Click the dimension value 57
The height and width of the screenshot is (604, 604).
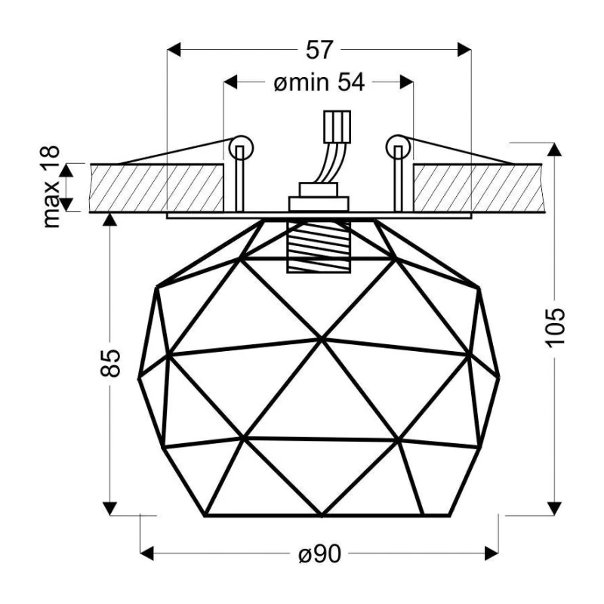pyautogui.click(x=319, y=50)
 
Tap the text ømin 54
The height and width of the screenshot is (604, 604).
pyautogui.click(x=319, y=82)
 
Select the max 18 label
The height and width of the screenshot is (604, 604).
pyautogui.click(x=51, y=186)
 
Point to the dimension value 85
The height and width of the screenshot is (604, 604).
pyautogui.click(x=110, y=363)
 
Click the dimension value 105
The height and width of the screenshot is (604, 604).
pyautogui.click(x=556, y=328)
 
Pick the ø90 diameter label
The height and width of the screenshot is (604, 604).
pyautogui.click(x=320, y=554)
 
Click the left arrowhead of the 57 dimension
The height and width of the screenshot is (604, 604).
pyautogui.click(x=174, y=50)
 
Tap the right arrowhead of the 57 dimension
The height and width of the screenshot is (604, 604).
pyautogui.click(x=464, y=50)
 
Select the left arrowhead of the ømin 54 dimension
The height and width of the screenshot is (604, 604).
pyautogui.click(x=230, y=82)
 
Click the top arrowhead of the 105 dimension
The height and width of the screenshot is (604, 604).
pyautogui.click(x=554, y=149)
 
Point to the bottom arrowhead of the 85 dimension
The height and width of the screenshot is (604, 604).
pyautogui.click(x=110, y=508)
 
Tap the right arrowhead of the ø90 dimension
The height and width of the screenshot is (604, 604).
pyautogui.click(x=492, y=553)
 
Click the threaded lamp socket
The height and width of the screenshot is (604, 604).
pyautogui.click(x=319, y=247)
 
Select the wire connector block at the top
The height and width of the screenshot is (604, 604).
pyautogui.click(x=337, y=127)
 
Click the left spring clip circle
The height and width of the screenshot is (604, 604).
pyautogui.click(x=242, y=147)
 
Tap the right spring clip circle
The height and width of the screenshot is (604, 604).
pyautogui.click(x=399, y=147)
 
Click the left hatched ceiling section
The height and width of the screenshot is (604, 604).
pyautogui.click(x=156, y=188)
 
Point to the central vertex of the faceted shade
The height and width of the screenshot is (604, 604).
pyautogui.click(x=322, y=341)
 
